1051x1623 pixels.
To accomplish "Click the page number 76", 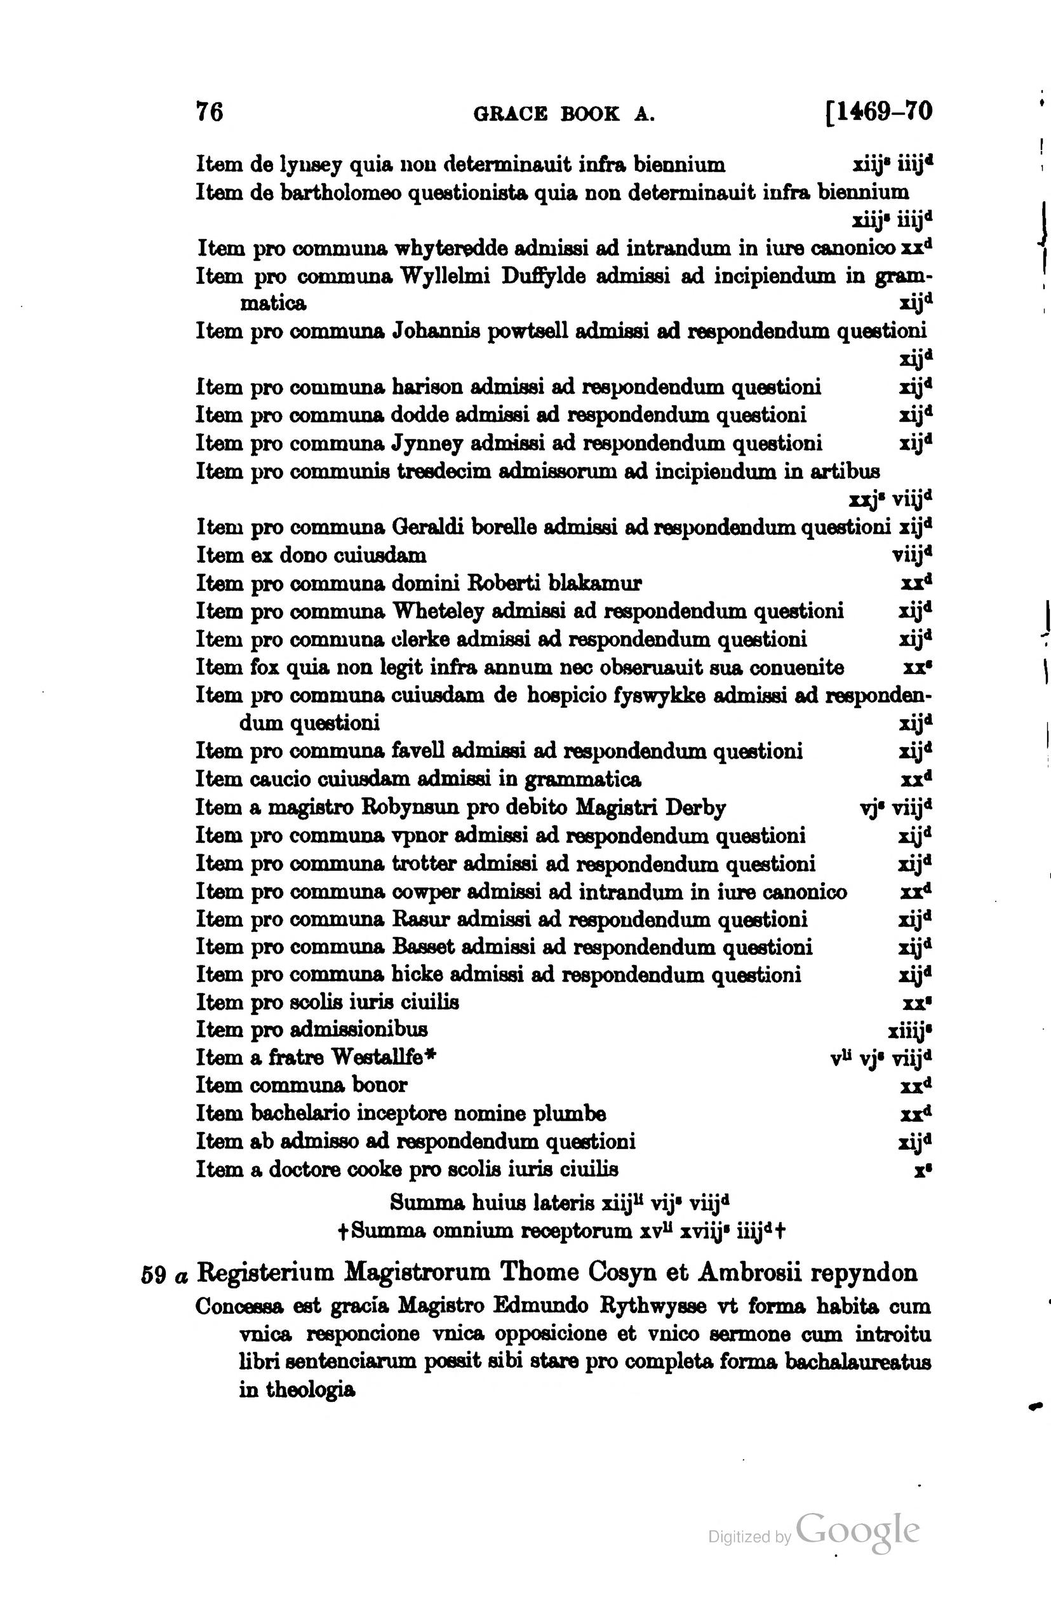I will (209, 111).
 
